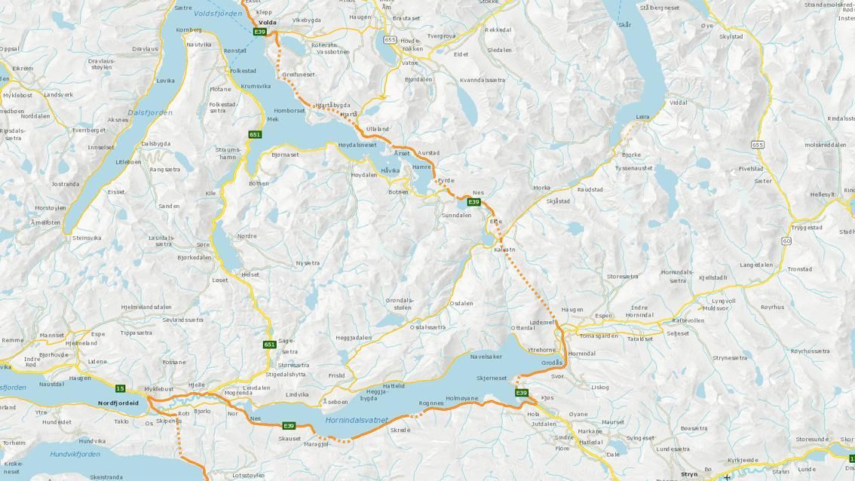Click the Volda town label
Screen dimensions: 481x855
tap(267, 23)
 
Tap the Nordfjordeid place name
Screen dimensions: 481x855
tap(118, 403)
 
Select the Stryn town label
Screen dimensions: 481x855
tap(688, 474)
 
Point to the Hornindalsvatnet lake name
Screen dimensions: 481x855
tap(357, 421)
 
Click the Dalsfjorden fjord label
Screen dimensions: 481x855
tap(149, 113)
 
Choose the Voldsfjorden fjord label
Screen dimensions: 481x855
tap(217, 14)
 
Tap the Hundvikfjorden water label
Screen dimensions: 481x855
tap(75, 455)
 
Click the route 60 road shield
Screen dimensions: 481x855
tap(786, 241)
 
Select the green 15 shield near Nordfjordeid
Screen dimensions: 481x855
tap(120, 388)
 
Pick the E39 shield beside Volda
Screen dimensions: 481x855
tap(259, 32)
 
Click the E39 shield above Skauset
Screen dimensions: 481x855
tap(288, 426)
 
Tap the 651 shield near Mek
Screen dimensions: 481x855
tap(255, 134)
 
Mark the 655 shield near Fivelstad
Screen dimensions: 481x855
tap(757, 145)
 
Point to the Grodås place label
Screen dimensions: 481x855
tap(552, 363)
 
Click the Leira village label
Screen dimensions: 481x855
tap(642, 117)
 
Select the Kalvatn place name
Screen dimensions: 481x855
tap(504, 250)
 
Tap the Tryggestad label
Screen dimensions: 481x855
tap(806, 227)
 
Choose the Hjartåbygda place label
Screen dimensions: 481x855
tap(332, 105)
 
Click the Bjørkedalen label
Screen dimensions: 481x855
tap(195, 257)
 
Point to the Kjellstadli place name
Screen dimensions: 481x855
tap(712, 277)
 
